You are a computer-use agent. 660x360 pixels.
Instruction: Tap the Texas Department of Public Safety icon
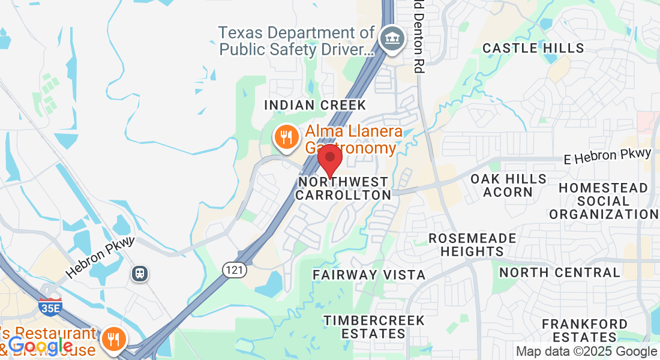(x=392, y=40)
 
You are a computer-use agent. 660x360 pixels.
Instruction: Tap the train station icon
(x=140, y=274)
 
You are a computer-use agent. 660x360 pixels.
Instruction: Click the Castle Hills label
(x=533, y=48)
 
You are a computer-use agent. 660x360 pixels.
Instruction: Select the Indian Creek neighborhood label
(x=315, y=106)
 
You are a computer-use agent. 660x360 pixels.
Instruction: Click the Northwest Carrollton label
(x=343, y=188)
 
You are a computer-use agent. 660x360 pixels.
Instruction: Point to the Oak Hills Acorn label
(x=509, y=185)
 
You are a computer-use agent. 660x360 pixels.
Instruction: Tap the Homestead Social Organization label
(x=603, y=201)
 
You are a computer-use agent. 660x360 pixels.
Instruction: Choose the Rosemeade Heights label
(x=472, y=245)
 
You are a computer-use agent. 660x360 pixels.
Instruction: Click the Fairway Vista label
(x=369, y=275)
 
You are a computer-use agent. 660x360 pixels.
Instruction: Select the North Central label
(x=559, y=272)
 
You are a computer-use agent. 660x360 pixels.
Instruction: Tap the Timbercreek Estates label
(x=374, y=327)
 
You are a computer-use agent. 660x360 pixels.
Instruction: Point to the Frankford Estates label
(x=584, y=331)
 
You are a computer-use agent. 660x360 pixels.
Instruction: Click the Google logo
(x=41, y=346)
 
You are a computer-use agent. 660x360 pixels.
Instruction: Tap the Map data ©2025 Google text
(x=586, y=352)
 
